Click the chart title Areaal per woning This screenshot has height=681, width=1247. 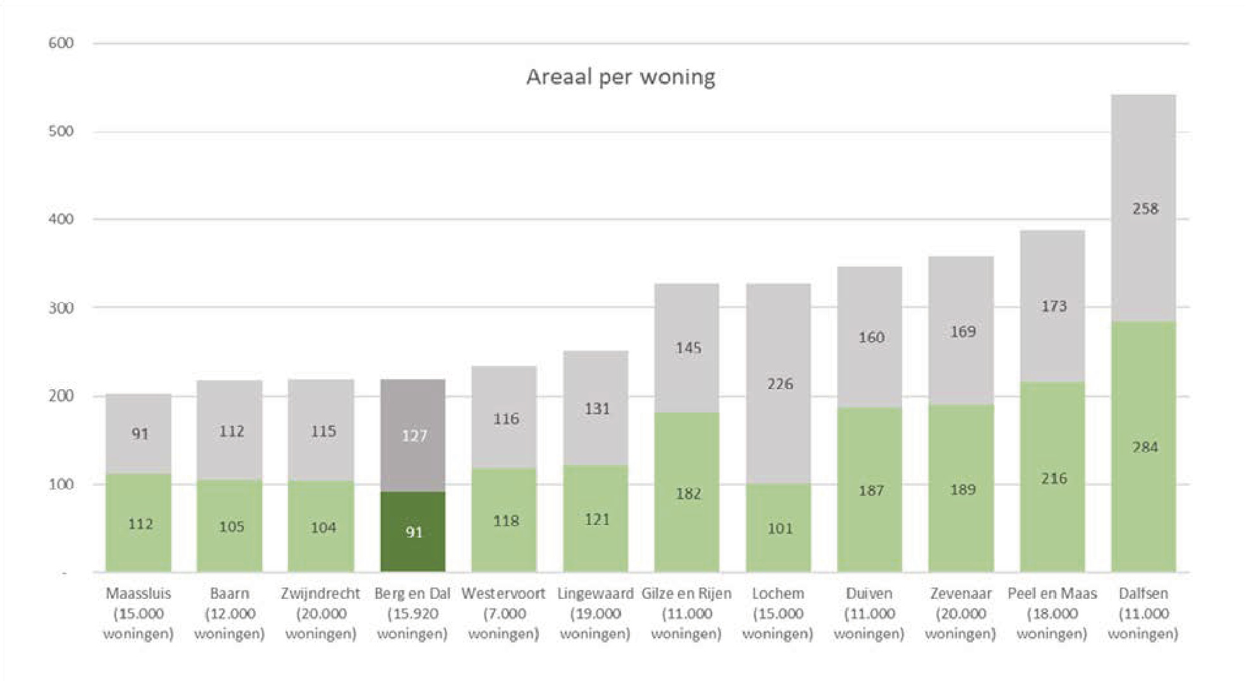(x=620, y=77)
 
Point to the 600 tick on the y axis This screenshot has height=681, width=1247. (x=61, y=43)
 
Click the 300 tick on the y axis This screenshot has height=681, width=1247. (x=61, y=308)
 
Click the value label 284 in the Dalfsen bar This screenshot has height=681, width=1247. (x=1145, y=447)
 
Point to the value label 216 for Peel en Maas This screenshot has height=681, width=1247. (x=1054, y=478)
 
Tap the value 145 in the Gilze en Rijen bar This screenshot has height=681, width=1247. (x=688, y=347)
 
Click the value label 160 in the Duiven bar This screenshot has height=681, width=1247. (x=870, y=337)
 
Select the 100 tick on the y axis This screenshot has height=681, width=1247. (x=61, y=485)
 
